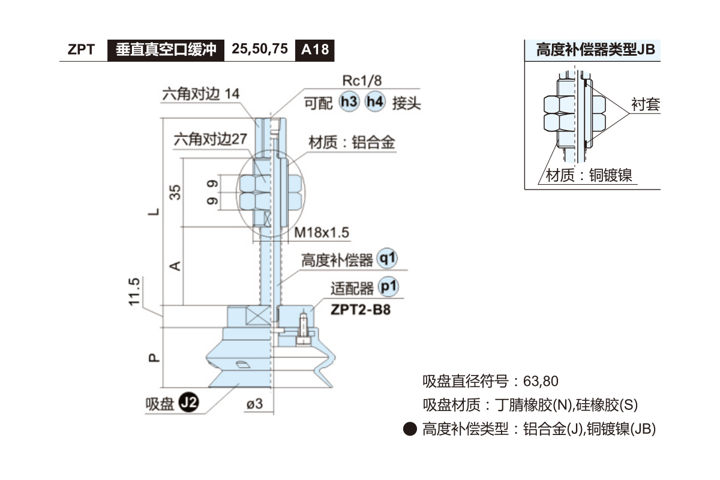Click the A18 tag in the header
point(314,49)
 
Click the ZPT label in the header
point(81,50)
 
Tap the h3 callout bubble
point(349,102)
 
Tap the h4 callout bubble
point(375,102)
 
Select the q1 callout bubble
point(389,259)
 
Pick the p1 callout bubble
point(389,288)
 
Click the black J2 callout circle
point(190,403)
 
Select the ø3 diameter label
point(254,404)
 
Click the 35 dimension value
point(175,192)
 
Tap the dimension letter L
point(154,211)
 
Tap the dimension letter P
point(154,358)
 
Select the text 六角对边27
point(210,139)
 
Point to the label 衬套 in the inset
point(645,105)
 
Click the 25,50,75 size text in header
point(260,49)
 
